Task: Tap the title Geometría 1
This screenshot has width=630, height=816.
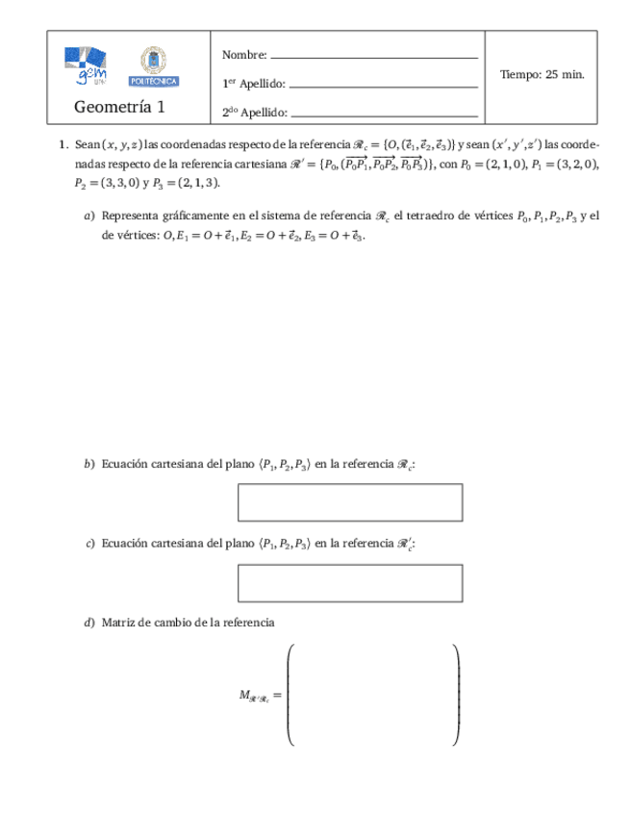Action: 119,107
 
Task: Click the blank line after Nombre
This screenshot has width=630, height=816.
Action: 375,58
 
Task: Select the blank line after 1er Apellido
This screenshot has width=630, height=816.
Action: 383,87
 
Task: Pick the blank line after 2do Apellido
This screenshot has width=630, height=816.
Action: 385,115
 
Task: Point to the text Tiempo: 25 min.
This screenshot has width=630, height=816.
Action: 542,74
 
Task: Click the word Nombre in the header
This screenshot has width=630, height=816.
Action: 243,55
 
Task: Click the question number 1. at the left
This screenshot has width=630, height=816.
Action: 63,145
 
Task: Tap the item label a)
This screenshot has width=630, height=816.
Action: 89,217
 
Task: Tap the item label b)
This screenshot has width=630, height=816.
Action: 89,465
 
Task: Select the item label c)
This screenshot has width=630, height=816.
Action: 89,545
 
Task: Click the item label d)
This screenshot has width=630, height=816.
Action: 89,624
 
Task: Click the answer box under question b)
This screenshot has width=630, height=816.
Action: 350,502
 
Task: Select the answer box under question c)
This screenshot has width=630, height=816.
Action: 350,583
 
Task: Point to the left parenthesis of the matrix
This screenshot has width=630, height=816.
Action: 290,694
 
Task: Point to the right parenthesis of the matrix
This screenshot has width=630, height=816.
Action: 456,694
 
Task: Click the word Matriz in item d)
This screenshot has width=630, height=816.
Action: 116,624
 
